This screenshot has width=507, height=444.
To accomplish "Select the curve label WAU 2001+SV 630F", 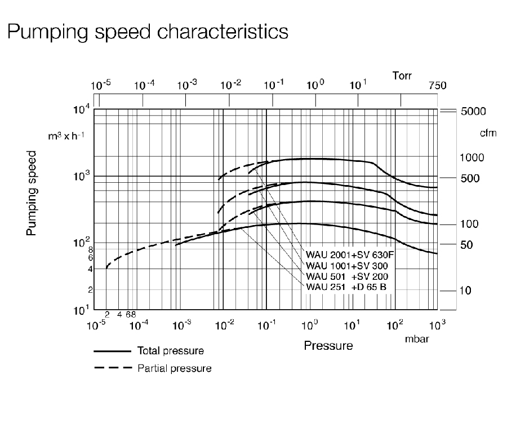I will pos(349,255).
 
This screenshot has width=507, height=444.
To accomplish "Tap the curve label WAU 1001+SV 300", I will pos(346,266).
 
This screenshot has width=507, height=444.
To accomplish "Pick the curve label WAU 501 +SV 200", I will pos(346,276).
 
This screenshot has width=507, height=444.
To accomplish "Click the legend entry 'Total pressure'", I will pos(170,351).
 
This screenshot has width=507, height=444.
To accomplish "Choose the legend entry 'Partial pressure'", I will pos(174,368).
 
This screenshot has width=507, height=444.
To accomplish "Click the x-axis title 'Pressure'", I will pos(328,345).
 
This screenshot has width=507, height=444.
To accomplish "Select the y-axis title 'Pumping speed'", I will pos(32,194).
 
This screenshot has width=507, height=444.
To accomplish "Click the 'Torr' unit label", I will pos(403,74).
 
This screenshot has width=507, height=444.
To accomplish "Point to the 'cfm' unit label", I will pos(487,133).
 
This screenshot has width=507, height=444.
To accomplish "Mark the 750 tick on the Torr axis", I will pos(437,86).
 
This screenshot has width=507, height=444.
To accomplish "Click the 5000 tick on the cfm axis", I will pos(473,111).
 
